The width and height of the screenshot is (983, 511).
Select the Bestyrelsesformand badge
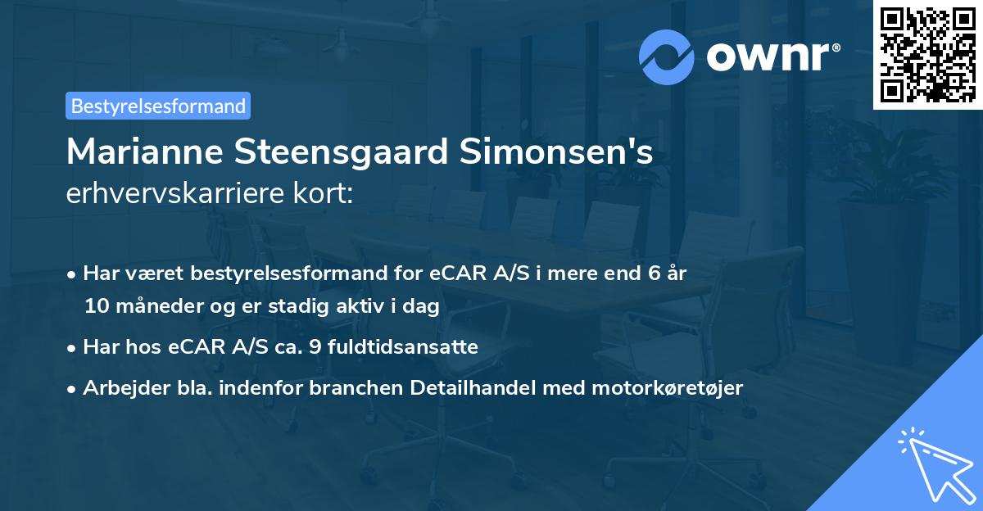158,106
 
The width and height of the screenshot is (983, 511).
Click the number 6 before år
654,274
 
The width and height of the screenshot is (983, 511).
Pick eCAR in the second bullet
195,347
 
